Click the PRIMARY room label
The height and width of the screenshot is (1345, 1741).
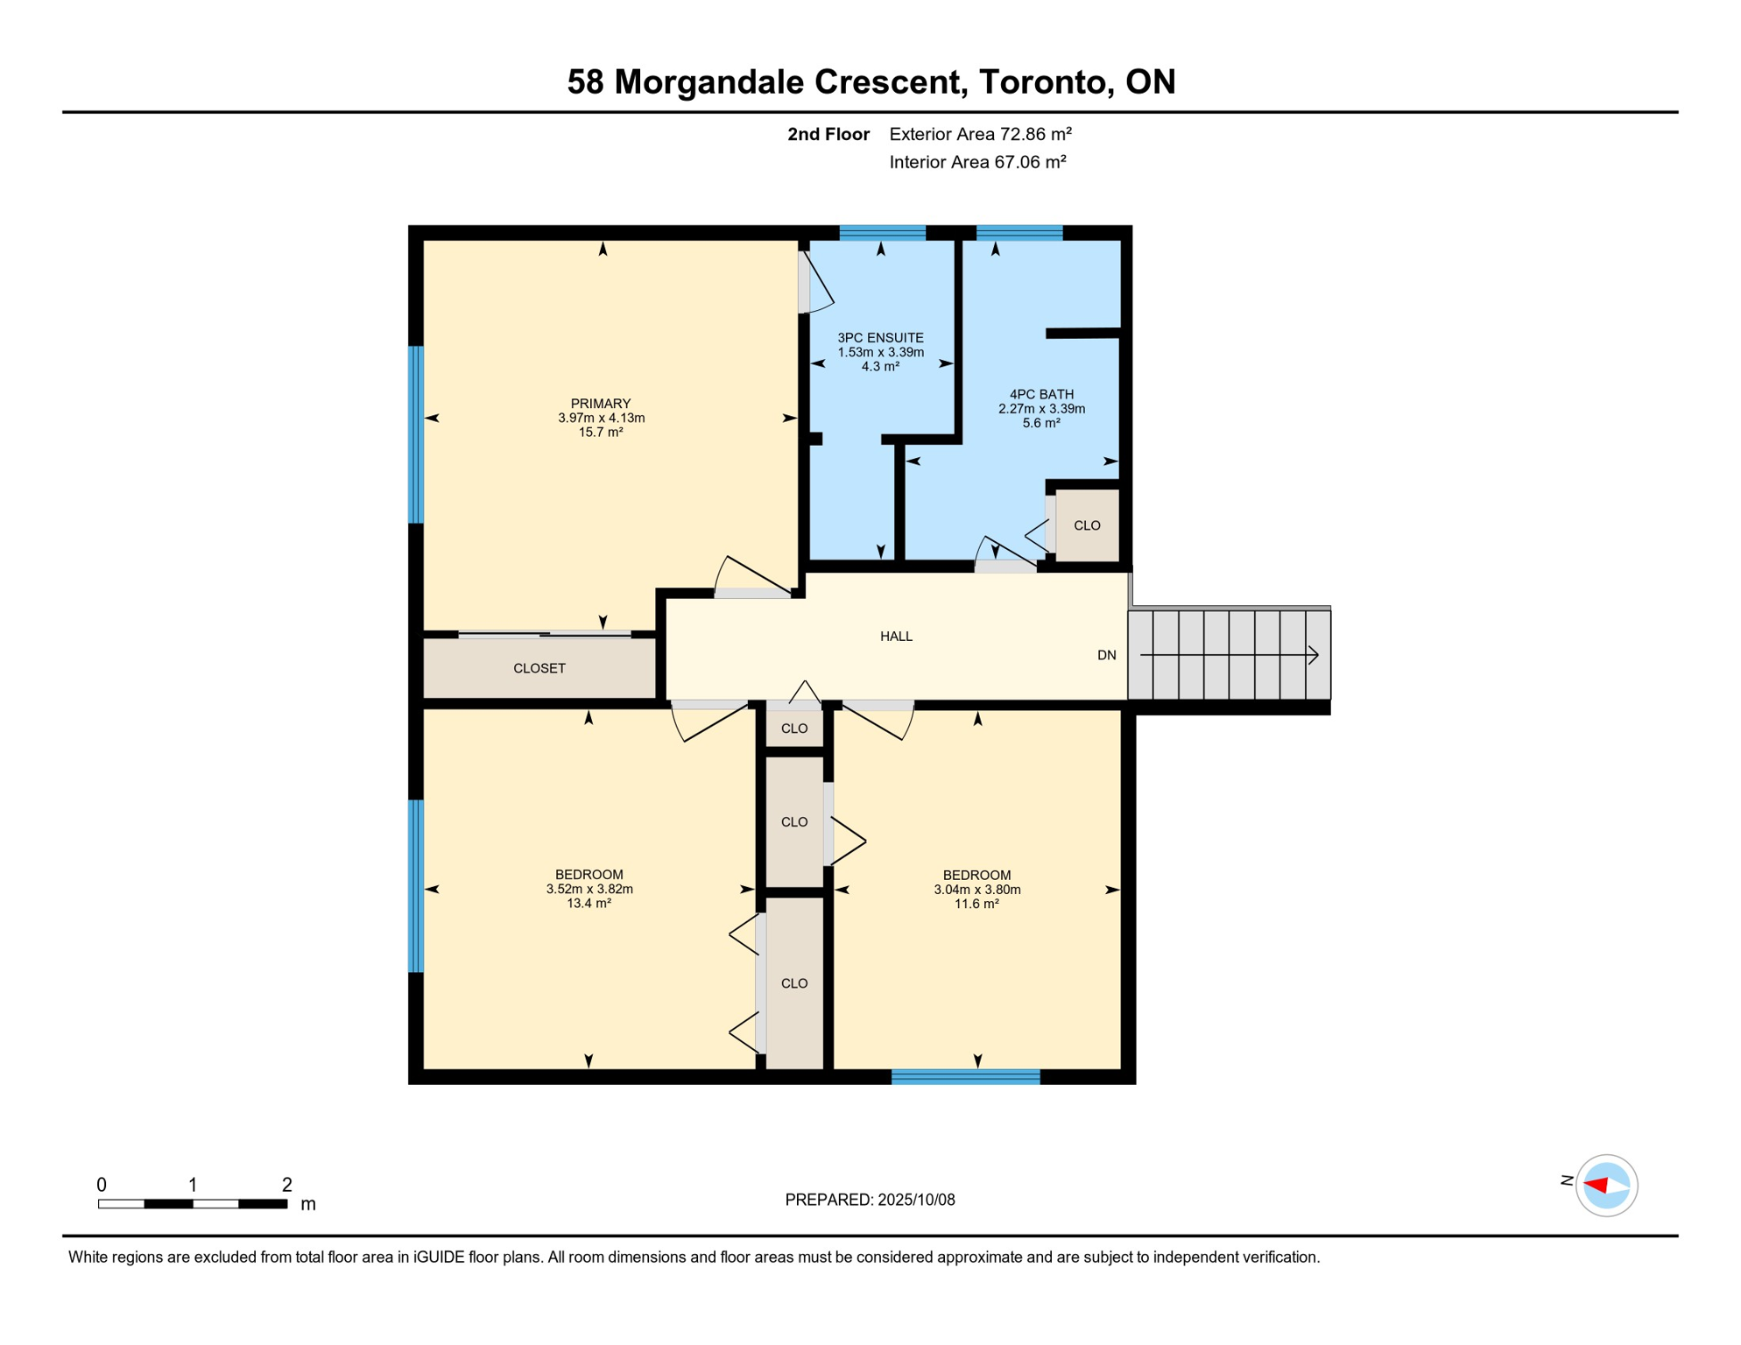click(601, 404)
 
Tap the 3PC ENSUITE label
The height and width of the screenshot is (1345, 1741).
click(880, 338)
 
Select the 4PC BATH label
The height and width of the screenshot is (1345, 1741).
click(1041, 395)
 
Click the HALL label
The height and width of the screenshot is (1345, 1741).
click(896, 637)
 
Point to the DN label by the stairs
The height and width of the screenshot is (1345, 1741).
click(1106, 656)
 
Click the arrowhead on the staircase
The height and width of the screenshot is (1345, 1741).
click(1314, 655)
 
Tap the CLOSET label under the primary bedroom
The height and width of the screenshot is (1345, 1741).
click(539, 669)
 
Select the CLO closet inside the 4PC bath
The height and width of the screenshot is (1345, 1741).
click(1087, 526)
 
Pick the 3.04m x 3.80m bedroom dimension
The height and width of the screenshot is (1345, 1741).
click(976, 891)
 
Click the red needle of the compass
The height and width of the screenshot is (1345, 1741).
click(1596, 1186)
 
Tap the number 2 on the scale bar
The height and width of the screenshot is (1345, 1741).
click(286, 1186)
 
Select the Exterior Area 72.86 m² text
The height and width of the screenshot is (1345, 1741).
click(980, 135)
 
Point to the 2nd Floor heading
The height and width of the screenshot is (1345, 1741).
click(828, 135)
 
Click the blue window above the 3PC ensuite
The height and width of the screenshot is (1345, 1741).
click(882, 233)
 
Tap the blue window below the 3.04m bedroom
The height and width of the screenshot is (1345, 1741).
click(965, 1078)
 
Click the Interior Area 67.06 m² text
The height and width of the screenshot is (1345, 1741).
click(977, 163)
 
